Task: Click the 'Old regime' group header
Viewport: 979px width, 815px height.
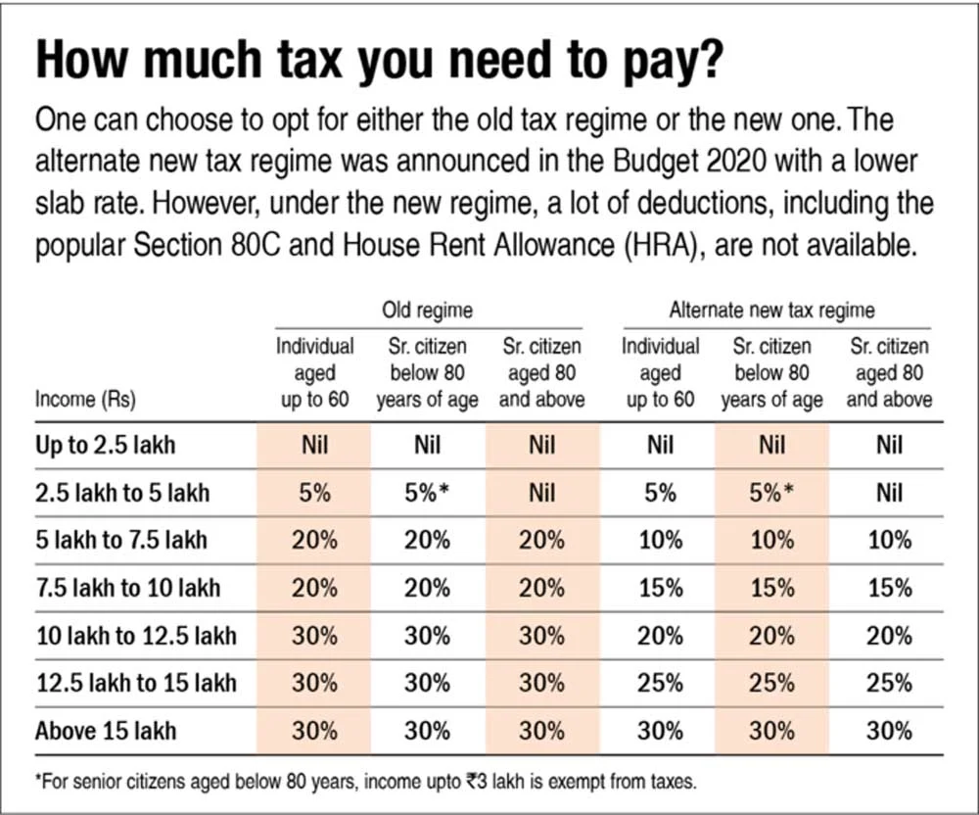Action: (x=427, y=311)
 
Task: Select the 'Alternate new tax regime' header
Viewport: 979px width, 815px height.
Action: (x=771, y=311)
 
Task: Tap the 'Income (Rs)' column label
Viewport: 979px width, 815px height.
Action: (x=85, y=400)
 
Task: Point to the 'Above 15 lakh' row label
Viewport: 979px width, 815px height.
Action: (x=106, y=731)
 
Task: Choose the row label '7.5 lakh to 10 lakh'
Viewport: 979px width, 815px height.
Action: (x=127, y=588)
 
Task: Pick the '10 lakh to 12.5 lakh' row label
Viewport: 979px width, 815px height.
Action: (x=135, y=636)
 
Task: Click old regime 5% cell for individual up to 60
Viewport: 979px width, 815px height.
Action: (x=313, y=494)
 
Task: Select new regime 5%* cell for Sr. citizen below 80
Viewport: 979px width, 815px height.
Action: (x=771, y=494)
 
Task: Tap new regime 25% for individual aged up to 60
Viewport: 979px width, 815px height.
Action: (x=661, y=683)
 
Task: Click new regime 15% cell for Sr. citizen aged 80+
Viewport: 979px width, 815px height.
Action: (x=888, y=588)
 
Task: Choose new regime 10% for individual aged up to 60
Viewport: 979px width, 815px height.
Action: (x=661, y=541)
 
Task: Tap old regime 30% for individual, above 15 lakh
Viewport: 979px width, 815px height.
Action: (x=313, y=731)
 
